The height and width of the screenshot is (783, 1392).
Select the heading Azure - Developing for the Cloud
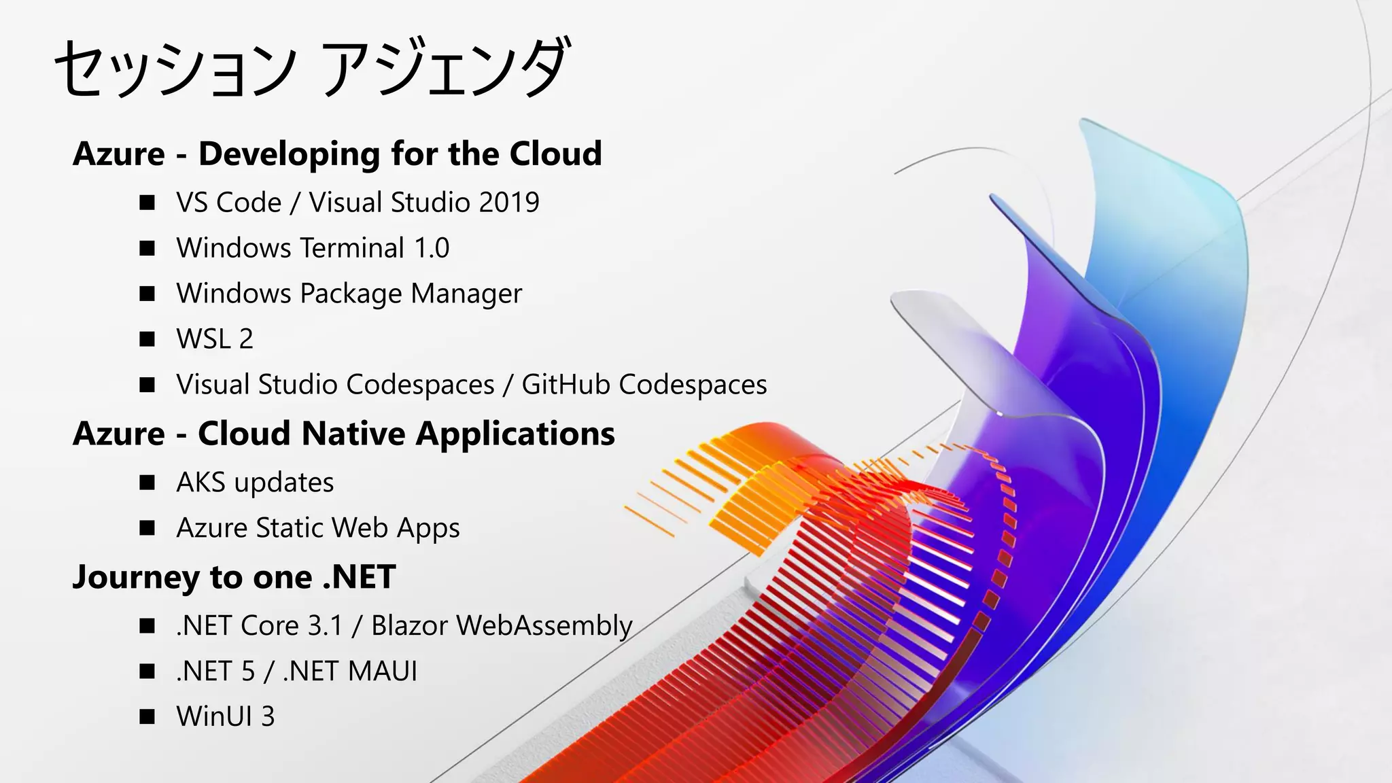click(337, 154)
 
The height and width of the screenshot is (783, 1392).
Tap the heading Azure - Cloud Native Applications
click(343, 434)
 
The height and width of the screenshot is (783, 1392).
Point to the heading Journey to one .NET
click(234, 577)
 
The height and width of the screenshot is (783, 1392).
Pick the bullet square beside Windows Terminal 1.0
click(147, 248)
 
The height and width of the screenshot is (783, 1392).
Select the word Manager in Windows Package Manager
click(466, 294)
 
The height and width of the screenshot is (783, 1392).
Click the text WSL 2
click(215, 339)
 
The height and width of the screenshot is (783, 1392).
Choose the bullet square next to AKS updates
click(147, 483)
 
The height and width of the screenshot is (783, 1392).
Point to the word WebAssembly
click(544, 626)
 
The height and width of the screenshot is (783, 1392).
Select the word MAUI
click(383, 672)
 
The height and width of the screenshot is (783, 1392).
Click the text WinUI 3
click(226, 716)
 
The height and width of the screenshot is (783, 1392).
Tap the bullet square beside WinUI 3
click(147, 716)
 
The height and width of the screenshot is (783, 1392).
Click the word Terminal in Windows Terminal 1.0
click(352, 248)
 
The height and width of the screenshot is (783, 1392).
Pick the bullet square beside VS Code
click(147, 203)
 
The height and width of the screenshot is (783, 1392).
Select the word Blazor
click(409, 626)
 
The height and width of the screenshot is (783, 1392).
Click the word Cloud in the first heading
click(555, 154)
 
